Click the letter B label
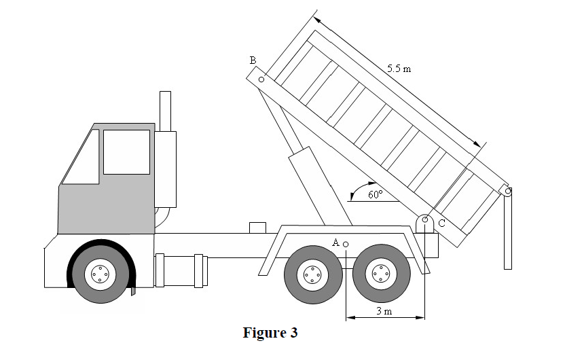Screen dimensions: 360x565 pos(253,60)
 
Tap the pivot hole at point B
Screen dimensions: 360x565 pos(261,79)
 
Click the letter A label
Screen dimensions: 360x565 pos(335,242)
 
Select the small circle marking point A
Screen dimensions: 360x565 pos(346,244)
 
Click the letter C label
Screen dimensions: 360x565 pos(441,223)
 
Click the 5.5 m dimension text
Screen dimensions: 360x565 pos(399,69)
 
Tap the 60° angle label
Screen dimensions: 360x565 pos(376,194)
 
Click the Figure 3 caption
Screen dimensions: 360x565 pos(270,333)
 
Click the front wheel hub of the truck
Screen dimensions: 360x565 pos(99,274)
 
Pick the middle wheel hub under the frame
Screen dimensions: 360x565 pos(312,274)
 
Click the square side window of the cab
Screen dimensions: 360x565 pos(126,151)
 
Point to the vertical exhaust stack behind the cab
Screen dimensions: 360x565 pos(164,110)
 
